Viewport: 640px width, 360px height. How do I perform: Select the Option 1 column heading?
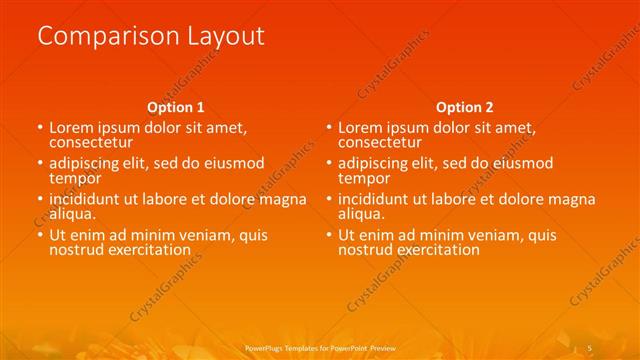click(176, 107)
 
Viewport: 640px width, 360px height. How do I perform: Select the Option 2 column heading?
click(464, 107)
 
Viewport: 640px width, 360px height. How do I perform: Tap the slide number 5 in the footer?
click(589, 347)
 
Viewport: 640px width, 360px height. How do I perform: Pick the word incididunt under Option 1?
click(88, 199)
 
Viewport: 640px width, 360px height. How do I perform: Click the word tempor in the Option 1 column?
click(75, 178)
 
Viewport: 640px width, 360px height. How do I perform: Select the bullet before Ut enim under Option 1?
click(40, 235)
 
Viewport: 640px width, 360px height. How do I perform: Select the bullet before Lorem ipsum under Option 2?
click(328, 128)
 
